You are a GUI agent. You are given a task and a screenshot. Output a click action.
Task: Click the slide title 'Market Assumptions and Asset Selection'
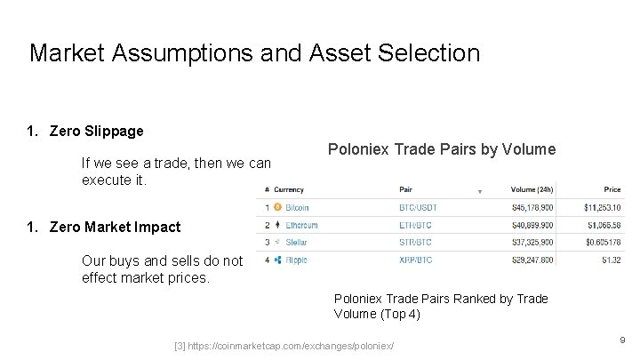pos(254,52)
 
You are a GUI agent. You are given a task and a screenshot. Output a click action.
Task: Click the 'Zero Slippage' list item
pos(96,132)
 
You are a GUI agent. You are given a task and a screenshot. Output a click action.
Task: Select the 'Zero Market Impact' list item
pos(115,227)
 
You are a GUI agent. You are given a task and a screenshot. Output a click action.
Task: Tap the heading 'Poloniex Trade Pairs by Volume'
pos(442,149)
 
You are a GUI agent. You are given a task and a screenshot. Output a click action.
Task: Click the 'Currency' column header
pos(289,189)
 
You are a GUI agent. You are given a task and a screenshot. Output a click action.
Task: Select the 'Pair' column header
pos(406,189)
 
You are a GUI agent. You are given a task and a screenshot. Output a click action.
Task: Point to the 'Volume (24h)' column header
pos(532,189)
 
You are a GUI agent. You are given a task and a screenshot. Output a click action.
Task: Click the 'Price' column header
pos(612,189)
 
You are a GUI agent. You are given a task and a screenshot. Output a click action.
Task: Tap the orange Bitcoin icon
pos(278,207)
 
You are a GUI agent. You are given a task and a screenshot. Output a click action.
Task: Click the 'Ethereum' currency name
pos(302,225)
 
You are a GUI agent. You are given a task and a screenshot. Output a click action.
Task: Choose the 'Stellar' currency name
pos(297,242)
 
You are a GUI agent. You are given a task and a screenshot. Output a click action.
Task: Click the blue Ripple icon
pos(278,260)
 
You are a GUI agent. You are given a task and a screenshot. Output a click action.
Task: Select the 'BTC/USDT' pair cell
pos(418,207)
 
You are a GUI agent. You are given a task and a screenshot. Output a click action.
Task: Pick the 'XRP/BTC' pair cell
pos(416,260)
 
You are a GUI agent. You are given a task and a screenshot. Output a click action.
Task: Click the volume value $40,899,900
pos(532,225)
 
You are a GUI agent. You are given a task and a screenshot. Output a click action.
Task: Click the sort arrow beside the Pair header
pos(480,190)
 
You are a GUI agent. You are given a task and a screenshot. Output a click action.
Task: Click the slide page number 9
pos(622,340)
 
